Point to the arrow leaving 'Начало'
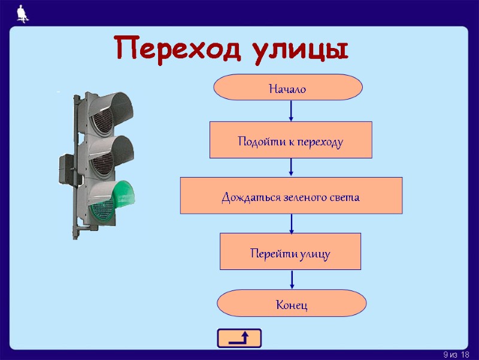pos(291,110)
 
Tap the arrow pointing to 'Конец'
pos(292,279)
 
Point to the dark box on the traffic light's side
pos(67,169)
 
